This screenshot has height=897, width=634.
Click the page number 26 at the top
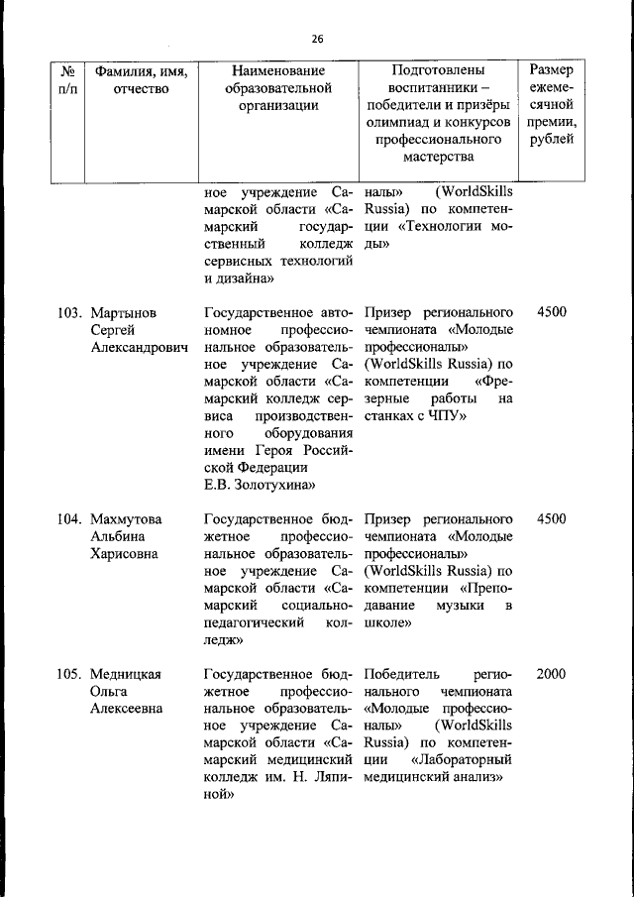tap(316, 39)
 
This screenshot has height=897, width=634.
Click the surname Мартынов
tap(123, 312)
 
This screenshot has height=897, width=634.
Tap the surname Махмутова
tap(126, 518)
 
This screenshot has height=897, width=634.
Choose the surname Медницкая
tap(126, 674)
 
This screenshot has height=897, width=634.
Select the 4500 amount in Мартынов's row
tap(551, 312)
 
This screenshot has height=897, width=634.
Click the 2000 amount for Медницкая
tap(551, 674)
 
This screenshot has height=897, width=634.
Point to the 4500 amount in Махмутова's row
tap(551, 518)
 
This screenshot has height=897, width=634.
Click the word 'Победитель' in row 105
tap(401, 674)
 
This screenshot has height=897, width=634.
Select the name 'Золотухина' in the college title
tap(270, 485)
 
